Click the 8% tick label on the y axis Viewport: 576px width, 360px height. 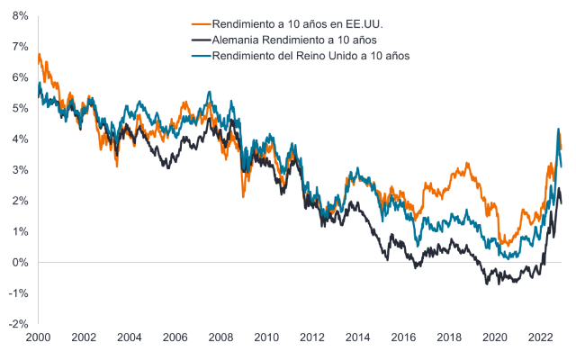coord(18,15)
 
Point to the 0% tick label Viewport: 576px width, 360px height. coord(18,262)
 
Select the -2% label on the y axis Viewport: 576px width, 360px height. coord(16,324)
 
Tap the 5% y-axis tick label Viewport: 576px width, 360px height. coord(18,108)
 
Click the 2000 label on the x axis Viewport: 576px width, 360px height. coord(38,336)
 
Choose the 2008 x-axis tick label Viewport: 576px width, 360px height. coord(220,336)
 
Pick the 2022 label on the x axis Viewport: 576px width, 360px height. coord(540,336)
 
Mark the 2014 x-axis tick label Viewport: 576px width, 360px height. coord(357,336)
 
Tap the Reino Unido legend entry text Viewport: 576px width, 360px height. coord(310,56)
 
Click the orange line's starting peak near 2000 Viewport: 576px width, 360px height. coord(40,55)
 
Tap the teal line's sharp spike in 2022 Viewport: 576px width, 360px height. coord(558,130)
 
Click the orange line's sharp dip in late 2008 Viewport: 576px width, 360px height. coord(243,196)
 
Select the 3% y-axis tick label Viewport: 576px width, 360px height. coord(18,169)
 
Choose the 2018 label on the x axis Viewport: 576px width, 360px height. coord(449,336)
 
